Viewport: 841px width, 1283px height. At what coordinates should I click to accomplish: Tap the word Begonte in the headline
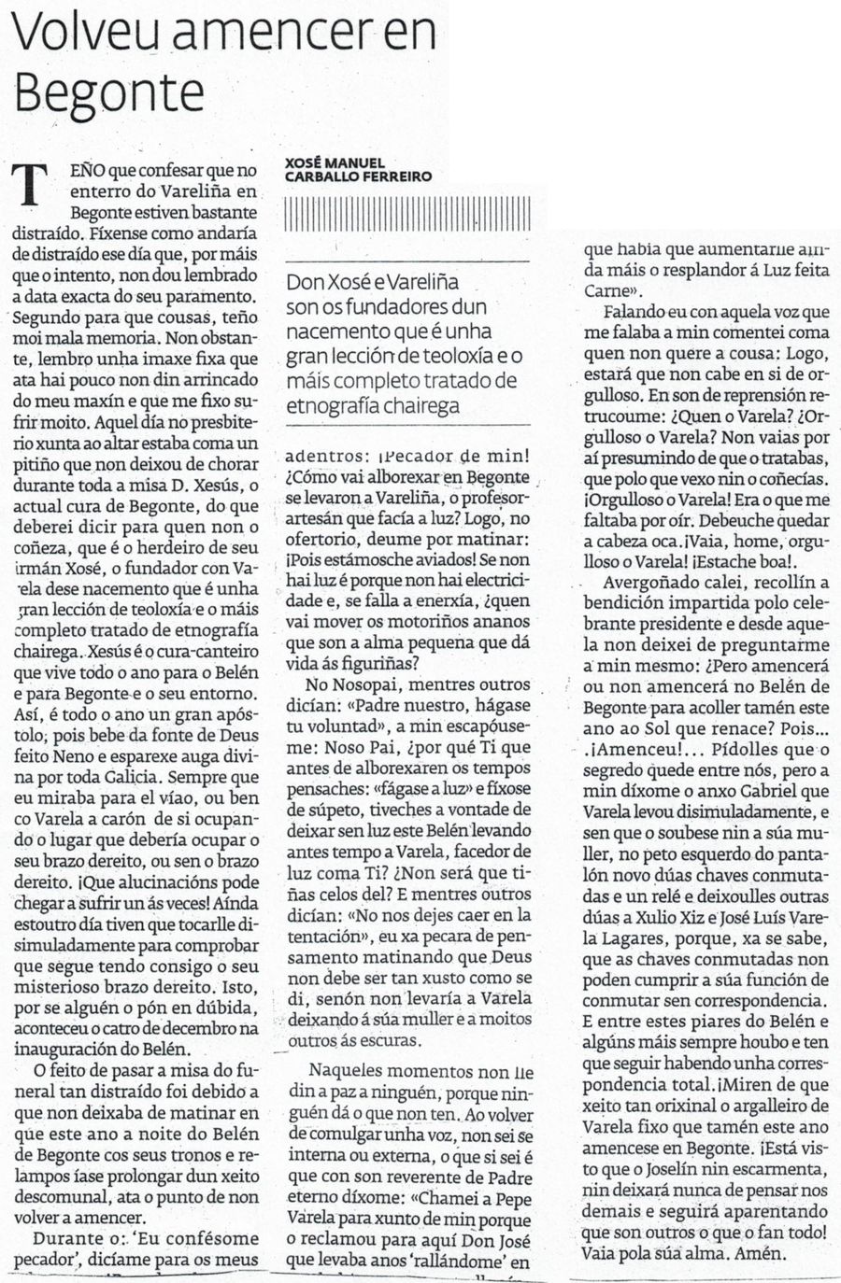click(x=110, y=93)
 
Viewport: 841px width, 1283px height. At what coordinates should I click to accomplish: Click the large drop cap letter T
click(x=34, y=183)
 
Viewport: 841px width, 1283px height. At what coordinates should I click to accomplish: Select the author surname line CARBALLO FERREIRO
click(x=358, y=177)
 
